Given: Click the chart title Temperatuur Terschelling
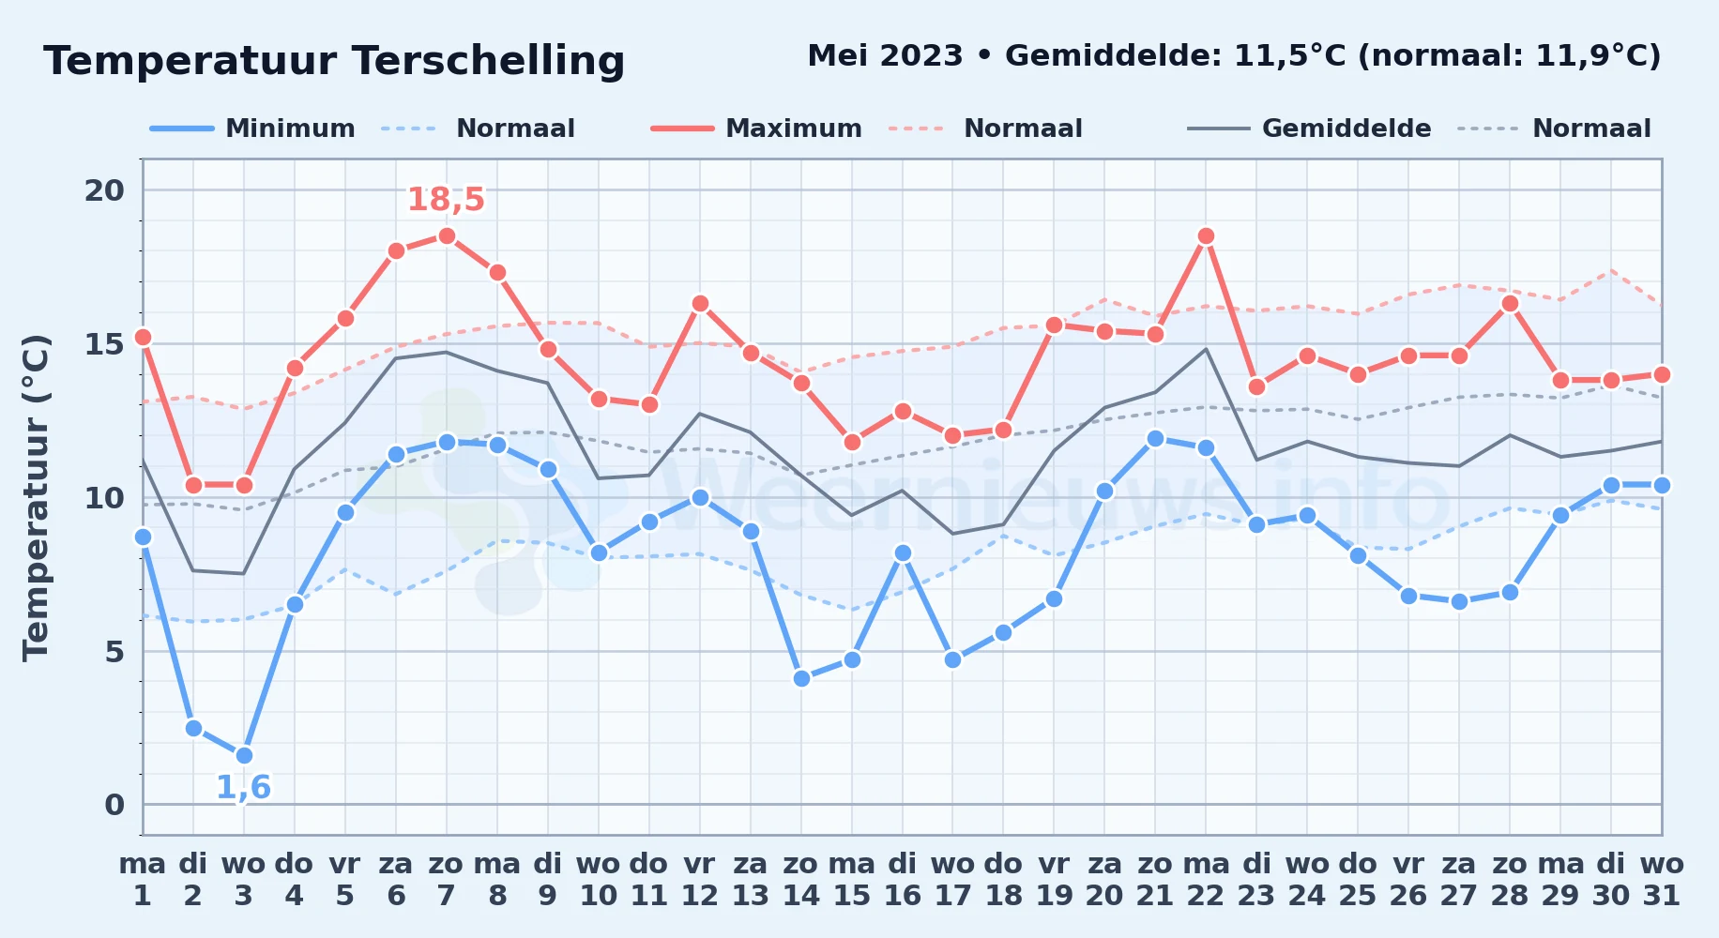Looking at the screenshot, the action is [x=334, y=61].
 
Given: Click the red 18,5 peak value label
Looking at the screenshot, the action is [x=446, y=200].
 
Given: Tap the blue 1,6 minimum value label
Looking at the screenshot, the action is [x=244, y=787].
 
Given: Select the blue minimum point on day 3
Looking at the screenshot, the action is [x=244, y=755].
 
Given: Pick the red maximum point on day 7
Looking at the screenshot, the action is [x=447, y=236].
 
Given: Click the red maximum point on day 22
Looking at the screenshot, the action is [x=1206, y=236].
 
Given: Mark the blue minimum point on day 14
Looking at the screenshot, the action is [x=801, y=678].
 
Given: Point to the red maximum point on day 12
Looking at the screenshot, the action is [x=700, y=304].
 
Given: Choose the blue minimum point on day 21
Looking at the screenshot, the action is [x=1155, y=439].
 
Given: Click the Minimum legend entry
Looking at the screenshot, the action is [x=252, y=129].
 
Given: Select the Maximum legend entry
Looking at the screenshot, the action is [x=756, y=129].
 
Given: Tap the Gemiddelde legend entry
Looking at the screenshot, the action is [x=1309, y=129].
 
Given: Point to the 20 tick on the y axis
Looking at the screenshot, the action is [x=104, y=190].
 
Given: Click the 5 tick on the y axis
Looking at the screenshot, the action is [x=114, y=651].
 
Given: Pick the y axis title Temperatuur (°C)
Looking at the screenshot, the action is [x=36, y=497].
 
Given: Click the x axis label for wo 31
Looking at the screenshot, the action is [x=1662, y=879].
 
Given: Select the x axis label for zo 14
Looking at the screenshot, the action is [x=801, y=879].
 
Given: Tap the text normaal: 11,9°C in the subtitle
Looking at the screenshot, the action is [x=1509, y=56].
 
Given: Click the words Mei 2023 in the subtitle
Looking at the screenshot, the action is [x=885, y=56].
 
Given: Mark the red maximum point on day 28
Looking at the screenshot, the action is [x=1510, y=304].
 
